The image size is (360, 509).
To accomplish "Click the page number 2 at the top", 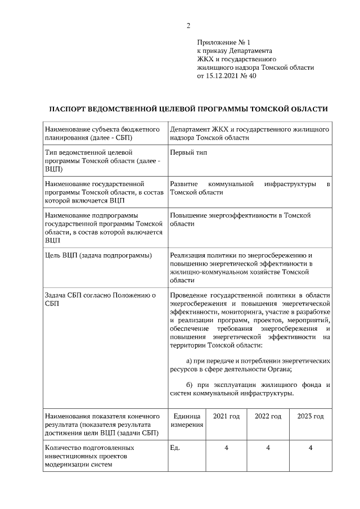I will [x=188, y=25].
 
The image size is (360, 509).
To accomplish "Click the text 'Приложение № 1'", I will [x=223, y=42].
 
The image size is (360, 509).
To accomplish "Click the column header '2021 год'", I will [x=226, y=416].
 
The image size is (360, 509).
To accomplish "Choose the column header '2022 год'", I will [x=268, y=416].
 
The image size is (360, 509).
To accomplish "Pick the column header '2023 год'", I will [x=310, y=416].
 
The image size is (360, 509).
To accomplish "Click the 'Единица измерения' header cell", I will [x=187, y=420].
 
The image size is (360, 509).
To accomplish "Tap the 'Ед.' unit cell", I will [x=174, y=448].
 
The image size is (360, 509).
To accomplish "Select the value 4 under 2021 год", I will [x=226, y=448].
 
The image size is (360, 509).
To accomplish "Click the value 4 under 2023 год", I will [x=310, y=448].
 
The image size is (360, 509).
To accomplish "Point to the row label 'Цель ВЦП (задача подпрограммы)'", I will [x=98, y=256].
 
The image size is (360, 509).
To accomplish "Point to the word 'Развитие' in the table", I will [x=183, y=184].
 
